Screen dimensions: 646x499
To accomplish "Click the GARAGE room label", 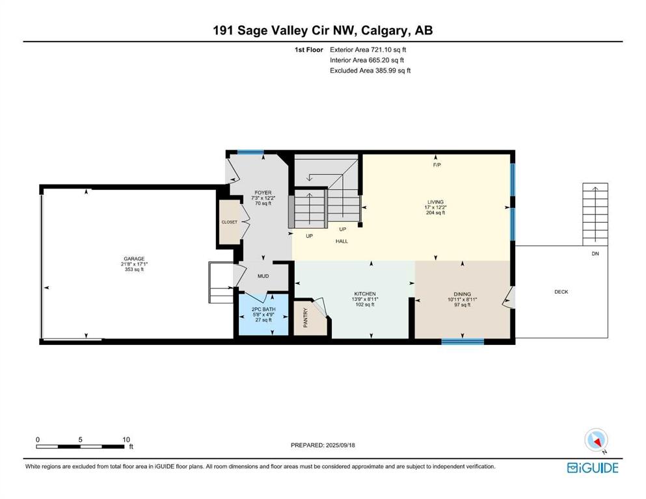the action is pos(134,259).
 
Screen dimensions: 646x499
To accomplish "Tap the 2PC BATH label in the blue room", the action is pos(263,309).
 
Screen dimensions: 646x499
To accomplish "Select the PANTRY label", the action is pos(306,318).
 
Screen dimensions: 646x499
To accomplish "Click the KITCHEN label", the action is pos(365,294).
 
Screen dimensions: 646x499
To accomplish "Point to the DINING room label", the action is pos(463,294).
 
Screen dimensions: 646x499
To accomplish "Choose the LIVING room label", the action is pos(435,202).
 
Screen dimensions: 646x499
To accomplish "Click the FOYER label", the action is pos(263,192).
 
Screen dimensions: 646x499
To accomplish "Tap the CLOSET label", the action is pos(230,222).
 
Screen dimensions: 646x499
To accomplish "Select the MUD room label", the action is pos(263,276).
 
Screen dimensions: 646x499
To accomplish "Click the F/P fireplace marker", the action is pos(437,165).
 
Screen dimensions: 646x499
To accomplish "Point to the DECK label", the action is pos(561,292).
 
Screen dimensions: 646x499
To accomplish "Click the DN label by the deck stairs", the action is pos(595,254).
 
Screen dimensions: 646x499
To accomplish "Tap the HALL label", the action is pos(342,242).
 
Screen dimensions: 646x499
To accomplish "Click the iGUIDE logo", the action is pos(593,468).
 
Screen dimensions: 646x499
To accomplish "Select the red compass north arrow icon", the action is pos(596,441).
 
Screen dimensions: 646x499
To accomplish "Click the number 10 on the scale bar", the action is pos(126,439).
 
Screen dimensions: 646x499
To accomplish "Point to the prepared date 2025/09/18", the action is pos(340,445).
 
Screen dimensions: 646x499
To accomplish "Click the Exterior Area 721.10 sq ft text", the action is pos(368,50).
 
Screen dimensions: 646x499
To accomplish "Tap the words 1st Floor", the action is pos(308,50).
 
